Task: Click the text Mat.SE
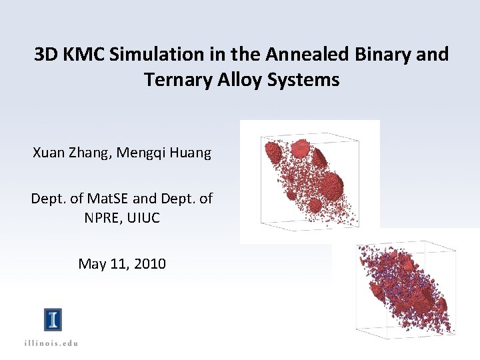click(x=101, y=199)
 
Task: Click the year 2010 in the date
click(x=151, y=264)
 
